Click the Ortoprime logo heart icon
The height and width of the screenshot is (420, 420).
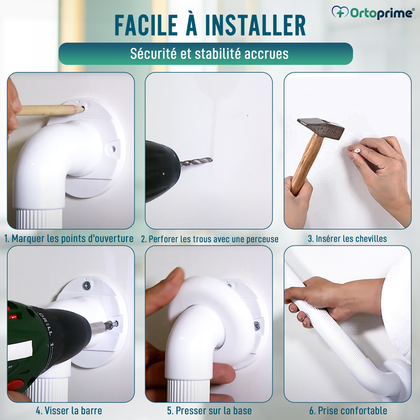pos(340,12)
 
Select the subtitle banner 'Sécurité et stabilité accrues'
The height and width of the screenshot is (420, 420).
pos(206,53)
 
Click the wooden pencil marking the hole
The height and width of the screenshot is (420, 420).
pos(48,110)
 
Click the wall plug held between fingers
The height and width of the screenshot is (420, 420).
pos(355,150)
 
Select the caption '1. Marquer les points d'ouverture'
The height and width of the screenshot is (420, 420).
pos(70,238)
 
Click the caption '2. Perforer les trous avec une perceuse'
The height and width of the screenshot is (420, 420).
pos(209,239)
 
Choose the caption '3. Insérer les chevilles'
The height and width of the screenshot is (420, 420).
pos(347,238)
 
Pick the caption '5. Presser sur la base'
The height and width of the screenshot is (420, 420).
pos(209,411)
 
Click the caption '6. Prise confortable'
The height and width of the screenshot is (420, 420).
pos(347,411)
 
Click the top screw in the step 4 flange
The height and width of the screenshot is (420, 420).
pos(86,286)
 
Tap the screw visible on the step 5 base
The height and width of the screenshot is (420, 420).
pos(257,325)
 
